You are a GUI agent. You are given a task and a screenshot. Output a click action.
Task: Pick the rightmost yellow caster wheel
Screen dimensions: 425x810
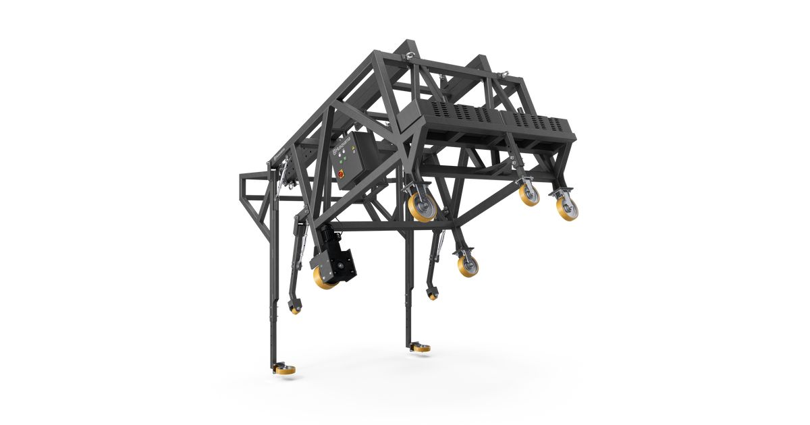coord(567,208)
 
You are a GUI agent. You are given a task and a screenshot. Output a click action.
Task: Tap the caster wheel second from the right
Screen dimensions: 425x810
coord(529,194)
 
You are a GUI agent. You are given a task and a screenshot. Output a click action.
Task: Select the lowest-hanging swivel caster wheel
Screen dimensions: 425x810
coord(466,264)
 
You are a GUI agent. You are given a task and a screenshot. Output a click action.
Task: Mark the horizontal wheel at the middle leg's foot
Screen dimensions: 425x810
coord(420,348)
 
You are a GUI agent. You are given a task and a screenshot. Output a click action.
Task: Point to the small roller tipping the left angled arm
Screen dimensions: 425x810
coord(294,309)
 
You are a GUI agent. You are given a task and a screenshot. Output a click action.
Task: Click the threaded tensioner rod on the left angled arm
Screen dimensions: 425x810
coord(305,235)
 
